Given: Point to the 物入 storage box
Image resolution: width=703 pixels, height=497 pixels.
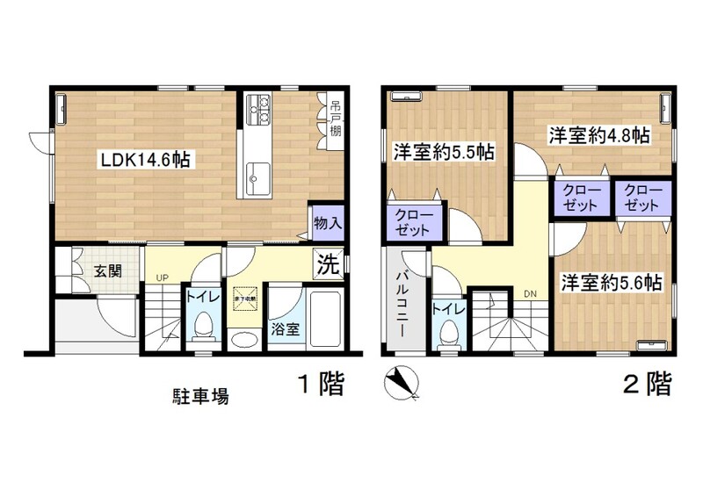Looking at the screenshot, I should click(x=327, y=223).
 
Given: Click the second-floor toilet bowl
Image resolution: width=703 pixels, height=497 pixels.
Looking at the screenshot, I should click(x=448, y=335).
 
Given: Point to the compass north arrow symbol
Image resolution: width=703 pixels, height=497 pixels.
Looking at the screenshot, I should click(x=401, y=382).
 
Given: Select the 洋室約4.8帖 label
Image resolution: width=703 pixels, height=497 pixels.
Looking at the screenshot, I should click(x=599, y=136).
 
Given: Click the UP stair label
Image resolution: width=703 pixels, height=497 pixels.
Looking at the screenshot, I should click(x=162, y=278).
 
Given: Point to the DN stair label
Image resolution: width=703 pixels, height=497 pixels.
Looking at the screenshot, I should click(x=530, y=292).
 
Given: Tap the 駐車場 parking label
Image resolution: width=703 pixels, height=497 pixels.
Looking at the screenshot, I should click(x=199, y=396).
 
